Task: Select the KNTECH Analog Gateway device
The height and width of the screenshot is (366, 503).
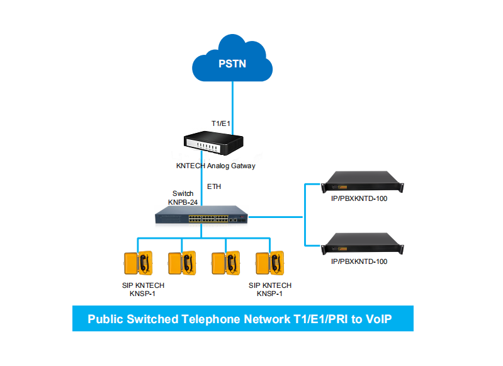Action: tap(212, 144)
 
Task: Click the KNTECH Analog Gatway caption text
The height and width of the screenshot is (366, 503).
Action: tap(215, 166)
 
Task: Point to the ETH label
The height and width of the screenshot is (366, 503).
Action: tap(214, 187)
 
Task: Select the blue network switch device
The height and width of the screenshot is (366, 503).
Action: tap(201, 216)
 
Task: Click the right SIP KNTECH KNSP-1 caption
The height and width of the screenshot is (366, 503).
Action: tap(269, 290)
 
